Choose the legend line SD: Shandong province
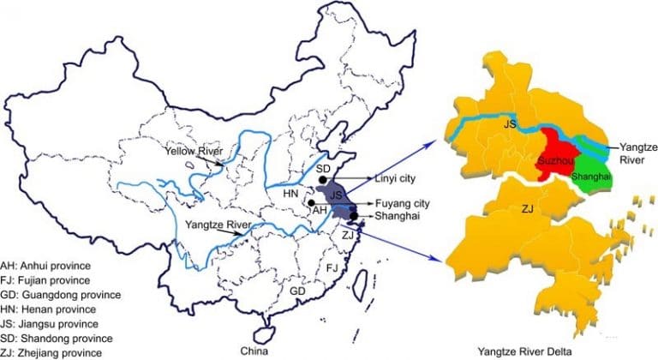62,337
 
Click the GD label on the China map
297,292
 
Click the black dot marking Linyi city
322,180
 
